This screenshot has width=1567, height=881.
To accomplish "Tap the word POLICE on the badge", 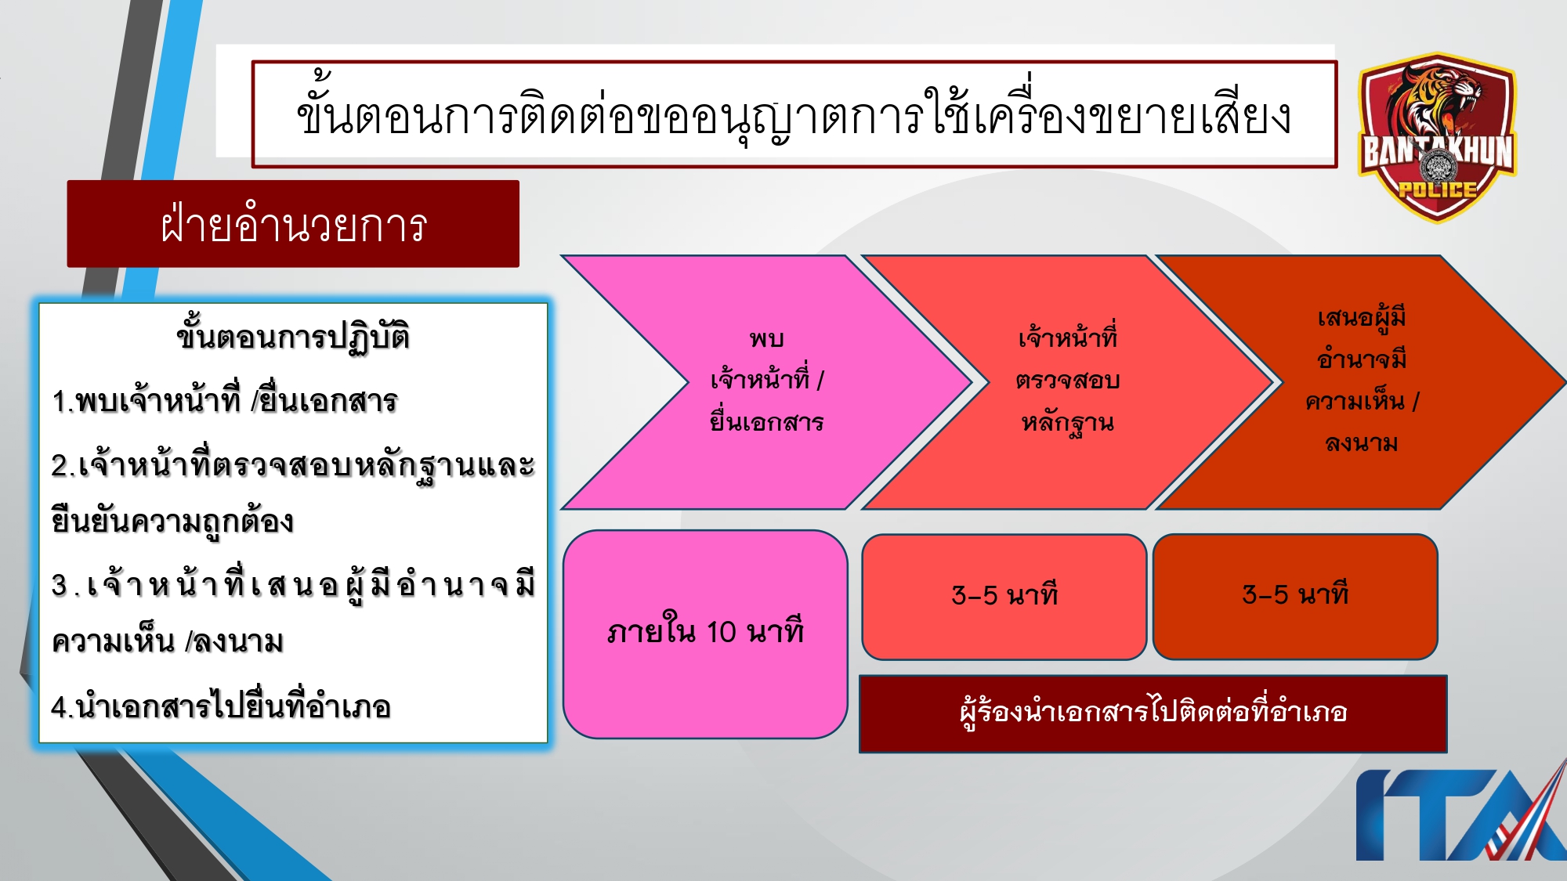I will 1437,189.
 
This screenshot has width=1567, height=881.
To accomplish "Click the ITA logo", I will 1457,814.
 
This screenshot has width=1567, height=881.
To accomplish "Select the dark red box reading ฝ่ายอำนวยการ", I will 293,225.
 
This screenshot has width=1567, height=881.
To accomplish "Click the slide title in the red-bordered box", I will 793,115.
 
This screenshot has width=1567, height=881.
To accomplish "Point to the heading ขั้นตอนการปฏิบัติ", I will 293,337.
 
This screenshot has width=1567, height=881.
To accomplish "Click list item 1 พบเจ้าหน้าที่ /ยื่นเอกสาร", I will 225,401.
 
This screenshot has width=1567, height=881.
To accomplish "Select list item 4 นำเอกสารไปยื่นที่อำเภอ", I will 221,707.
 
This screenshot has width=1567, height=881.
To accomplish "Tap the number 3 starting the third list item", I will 60,585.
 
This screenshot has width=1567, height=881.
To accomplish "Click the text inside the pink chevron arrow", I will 766,381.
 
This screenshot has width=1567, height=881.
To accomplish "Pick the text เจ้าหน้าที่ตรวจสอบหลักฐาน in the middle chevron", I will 1067,381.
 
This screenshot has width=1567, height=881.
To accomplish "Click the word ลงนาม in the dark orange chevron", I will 1362,443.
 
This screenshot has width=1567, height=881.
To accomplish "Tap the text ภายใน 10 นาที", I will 705,631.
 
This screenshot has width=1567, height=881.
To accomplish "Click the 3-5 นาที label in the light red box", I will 1004,595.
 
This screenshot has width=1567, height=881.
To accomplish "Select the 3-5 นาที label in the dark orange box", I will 1295,594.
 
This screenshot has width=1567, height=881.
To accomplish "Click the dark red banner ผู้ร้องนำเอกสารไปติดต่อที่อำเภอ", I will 1153,712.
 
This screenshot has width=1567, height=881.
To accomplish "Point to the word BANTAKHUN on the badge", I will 1439,151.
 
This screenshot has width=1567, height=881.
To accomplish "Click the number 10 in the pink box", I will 721,632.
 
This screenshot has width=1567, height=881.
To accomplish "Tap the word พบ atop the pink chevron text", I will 766,338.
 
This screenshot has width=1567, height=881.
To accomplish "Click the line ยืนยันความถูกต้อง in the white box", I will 172,522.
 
